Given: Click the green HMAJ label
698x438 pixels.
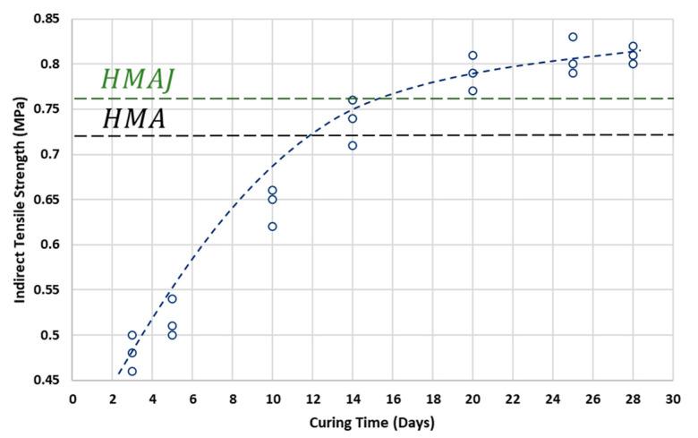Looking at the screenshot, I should pos(136,80).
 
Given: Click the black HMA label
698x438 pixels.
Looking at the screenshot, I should pos(134,119).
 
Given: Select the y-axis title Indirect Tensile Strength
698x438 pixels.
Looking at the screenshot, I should pos(19,199).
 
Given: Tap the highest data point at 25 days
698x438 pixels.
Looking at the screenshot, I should pos(573,37).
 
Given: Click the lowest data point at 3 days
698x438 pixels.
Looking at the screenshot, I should pos(132,371).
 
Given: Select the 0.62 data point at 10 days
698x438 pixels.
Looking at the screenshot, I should pos(272,227).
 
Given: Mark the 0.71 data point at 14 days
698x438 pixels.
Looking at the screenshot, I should pos(353,145).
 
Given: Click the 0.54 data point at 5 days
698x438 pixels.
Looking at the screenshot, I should pos(172,299).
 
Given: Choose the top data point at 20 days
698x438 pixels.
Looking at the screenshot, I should pos(472,56).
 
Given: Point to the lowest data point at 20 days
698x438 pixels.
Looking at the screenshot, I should pos(472,91).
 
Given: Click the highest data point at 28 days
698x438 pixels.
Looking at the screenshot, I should pos(633,47).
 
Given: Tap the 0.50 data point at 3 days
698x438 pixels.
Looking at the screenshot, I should pos(132,335).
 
